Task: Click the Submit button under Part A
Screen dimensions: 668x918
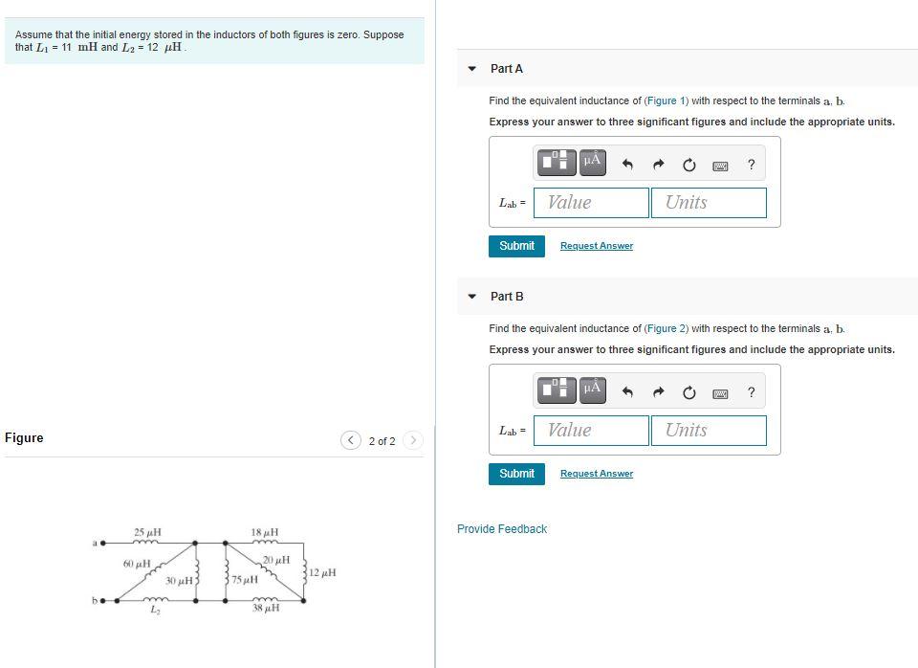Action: pyautogui.click(x=516, y=246)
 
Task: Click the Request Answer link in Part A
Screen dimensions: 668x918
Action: pyautogui.click(x=596, y=246)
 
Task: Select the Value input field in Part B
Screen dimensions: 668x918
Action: pyautogui.click(x=591, y=431)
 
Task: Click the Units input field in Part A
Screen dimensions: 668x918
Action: pyautogui.click(x=709, y=203)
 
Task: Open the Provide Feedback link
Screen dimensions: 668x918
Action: pyautogui.click(x=502, y=529)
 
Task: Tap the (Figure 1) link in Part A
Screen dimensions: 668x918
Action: pyautogui.click(x=664, y=100)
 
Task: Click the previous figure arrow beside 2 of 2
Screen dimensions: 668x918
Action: pyautogui.click(x=351, y=440)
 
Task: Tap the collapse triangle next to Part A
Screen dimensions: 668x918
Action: pyautogui.click(x=471, y=69)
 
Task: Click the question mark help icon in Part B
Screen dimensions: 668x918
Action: pyautogui.click(x=751, y=392)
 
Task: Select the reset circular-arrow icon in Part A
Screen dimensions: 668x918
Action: pyautogui.click(x=688, y=165)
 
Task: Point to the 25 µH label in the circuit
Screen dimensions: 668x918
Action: pyautogui.click(x=147, y=532)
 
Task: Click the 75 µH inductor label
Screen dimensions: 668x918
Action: pyautogui.click(x=245, y=580)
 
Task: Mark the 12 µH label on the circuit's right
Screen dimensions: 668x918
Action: pyautogui.click(x=322, y=572)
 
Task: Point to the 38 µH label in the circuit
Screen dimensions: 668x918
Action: pyautogui.click(x=265, y=609)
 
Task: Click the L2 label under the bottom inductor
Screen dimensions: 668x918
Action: pyautogui.click(x=154, y=611)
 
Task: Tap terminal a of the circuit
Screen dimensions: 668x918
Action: pyautogui.click(x=102, y=544)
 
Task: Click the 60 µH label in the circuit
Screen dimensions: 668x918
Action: pyautogui.click(x=136, y=564)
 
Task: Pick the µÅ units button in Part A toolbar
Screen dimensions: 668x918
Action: pyautogui.click(x=591, y=161)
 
